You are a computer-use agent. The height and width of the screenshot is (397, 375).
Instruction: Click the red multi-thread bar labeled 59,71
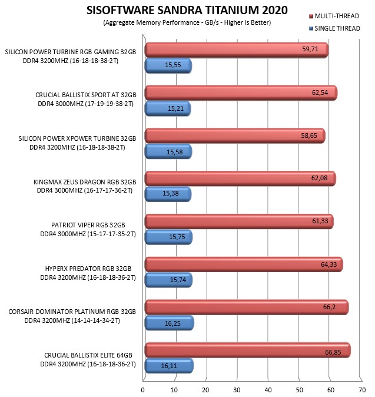tap(236, 50)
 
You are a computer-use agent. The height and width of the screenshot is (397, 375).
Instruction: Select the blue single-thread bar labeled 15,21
tap(168, 108)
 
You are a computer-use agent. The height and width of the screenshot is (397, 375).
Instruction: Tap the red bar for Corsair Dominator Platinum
tap(247, 307)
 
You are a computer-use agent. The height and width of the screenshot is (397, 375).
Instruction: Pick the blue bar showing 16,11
tap(169, 366)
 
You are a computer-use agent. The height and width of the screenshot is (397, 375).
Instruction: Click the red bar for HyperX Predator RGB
tap(244, 264)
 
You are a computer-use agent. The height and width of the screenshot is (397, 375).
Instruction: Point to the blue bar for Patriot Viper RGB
tap(168, 237)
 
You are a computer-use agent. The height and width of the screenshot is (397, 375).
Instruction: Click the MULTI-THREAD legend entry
tap(334, 16)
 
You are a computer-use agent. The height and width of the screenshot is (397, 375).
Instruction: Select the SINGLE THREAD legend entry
tap(334, 28)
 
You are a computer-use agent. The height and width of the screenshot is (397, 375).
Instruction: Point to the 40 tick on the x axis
tap(268, 390)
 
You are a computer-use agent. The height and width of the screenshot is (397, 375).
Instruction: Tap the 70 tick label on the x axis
tap(362, 390)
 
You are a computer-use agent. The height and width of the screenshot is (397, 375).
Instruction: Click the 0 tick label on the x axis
tap(142, 390)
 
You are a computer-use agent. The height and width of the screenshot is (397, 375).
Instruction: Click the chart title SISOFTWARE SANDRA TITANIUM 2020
tap(187, 10)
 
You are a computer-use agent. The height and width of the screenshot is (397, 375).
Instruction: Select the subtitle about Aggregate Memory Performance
tap(187, 22)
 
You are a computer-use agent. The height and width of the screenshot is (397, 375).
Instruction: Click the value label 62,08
tap(319, 178)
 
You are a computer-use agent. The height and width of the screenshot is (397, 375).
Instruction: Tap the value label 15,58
tap(175, 152)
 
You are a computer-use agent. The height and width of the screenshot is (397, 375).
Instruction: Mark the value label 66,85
tap(333, 352)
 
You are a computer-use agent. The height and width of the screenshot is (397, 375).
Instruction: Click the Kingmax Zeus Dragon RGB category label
tap(85, 186)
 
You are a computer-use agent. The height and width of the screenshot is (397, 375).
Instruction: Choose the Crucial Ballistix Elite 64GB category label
tap(88, 360)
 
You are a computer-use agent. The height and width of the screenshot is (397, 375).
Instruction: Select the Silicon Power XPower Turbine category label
tap(77, 143)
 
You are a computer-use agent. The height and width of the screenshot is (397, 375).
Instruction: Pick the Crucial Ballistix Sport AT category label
tap(86, 100)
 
